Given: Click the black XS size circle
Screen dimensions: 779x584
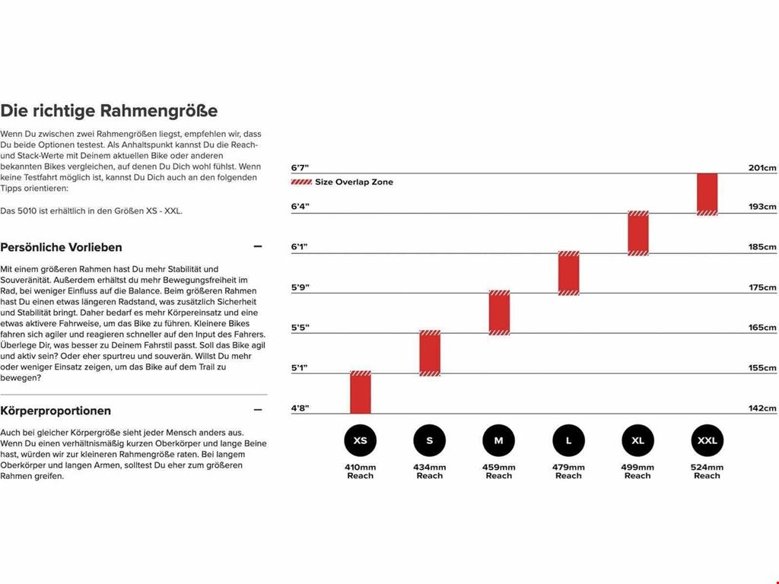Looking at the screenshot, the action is (x=360, y=440).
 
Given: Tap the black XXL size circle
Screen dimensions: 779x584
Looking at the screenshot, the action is (x=707, y=440).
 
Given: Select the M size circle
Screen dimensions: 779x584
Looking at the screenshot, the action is (x=499, y=440).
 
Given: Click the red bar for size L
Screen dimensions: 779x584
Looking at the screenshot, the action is (x=568, y=273).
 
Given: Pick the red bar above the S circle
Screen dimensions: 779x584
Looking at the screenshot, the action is (x=430, y=353).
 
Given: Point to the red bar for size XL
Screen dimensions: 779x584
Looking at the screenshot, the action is (x=638, y=233).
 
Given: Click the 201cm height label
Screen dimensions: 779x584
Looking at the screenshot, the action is (x=762, y=168).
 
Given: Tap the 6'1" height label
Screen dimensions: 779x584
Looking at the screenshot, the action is (x=299, y=247).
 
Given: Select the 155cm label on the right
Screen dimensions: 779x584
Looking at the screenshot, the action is (x=762, y=368).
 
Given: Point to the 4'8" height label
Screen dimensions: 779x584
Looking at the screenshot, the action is (x=300, y=408).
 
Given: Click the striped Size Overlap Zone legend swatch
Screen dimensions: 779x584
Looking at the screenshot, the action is (x=301, y=182).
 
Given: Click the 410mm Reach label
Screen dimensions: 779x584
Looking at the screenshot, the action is (x=360, y=471).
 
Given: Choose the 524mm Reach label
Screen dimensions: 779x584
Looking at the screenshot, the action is (x=707, y=471).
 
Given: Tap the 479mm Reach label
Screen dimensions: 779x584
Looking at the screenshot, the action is (x=568, y=471).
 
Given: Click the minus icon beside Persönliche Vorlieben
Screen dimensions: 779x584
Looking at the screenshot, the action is (x=257, y=246).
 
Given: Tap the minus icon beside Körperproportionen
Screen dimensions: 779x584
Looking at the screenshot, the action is (x=257, y=410).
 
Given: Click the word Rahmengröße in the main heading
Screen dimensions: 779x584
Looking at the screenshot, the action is (x=163, y=111).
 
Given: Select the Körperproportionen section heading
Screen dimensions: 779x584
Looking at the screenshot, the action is (x=56, y=411).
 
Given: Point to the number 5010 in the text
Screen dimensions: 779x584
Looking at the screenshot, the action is (x=27, y=211).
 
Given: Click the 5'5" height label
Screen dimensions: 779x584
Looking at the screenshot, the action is (x=300, y=328).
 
